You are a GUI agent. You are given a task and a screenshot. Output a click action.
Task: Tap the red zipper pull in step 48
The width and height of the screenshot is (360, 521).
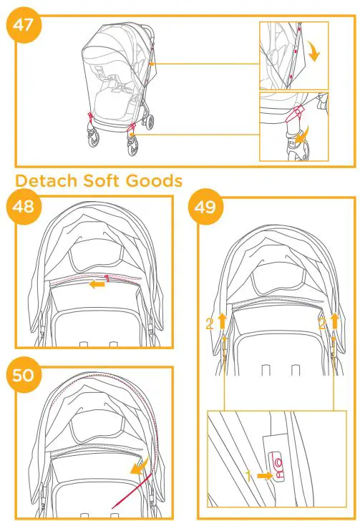(x=107, y=278)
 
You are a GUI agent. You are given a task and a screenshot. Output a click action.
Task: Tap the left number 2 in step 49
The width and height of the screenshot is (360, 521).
(x=209, y=323)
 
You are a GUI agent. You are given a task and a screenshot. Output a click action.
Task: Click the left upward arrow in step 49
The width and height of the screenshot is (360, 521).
(x=221, y=320)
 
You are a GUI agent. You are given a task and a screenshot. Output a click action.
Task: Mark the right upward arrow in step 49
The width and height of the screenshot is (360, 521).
(x=334, y=320)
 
